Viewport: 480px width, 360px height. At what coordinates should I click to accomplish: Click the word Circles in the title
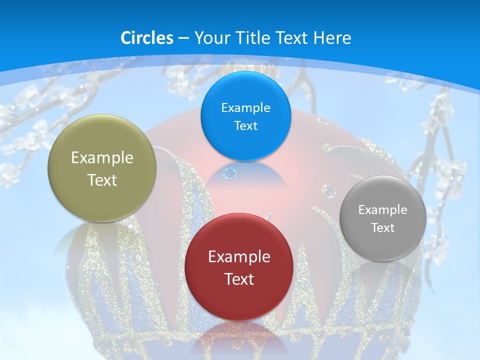tap(146, 38)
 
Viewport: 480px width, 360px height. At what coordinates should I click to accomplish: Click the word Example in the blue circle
tap(245, 107)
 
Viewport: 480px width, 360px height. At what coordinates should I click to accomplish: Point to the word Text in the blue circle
tap(245, 125)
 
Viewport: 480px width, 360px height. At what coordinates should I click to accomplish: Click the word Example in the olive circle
tap(102, 158)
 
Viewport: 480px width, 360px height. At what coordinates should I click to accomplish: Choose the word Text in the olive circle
tap(102, 180)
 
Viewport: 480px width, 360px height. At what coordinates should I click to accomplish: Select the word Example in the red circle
tap(239, 257)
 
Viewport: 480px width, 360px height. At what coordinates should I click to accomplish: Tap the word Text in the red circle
tap(239, 279)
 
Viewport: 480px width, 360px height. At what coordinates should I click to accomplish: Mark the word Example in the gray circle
tap(383, 210)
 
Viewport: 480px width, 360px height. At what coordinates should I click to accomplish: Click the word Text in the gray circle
tap(383, 228)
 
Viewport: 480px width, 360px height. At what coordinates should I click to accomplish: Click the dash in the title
tap(183, 38)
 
